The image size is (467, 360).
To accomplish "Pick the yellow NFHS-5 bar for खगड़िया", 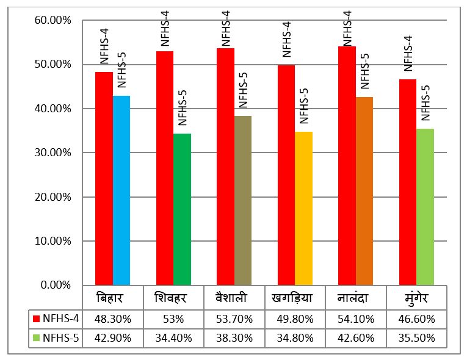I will (x=303, y=208).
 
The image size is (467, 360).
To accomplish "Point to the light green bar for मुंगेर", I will (x=425, y=207).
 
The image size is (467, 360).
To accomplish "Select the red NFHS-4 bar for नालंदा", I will (x=347, y=165).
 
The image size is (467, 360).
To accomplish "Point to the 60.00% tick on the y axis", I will (x=54, y=20).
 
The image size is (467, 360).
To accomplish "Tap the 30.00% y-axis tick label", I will (x=54, y=153).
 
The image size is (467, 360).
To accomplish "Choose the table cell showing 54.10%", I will (x=356, y=319).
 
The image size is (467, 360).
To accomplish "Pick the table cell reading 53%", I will (x=173, y=319).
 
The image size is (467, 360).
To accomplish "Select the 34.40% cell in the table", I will (x=173, y=337).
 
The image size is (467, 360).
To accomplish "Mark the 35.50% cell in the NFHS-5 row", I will (x=416, y=337).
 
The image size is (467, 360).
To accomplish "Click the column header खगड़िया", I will (x=295, y=299).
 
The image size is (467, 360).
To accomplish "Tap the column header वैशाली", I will (x=234, y=299).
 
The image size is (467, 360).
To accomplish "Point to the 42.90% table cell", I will (x=113, y=337).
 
